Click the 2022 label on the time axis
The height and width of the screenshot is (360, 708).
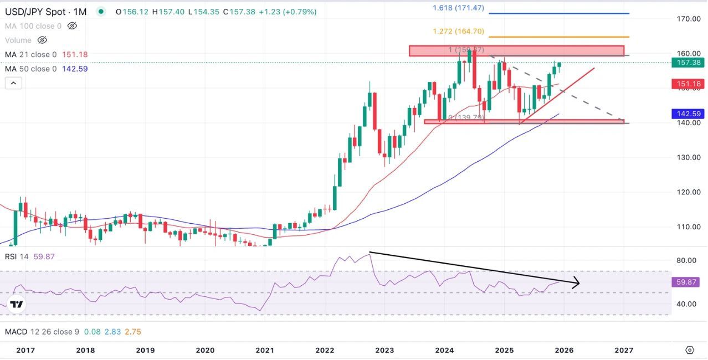point(325,350)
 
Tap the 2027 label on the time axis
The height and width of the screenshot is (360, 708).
point(624,350)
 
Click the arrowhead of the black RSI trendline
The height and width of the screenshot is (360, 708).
point(576,283)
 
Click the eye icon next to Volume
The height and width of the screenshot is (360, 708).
point(42,40)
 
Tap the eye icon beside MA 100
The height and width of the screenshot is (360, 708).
point(71,26)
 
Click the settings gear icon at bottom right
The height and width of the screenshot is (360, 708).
point(689,350)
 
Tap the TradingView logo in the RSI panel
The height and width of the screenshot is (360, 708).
point(17,305)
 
